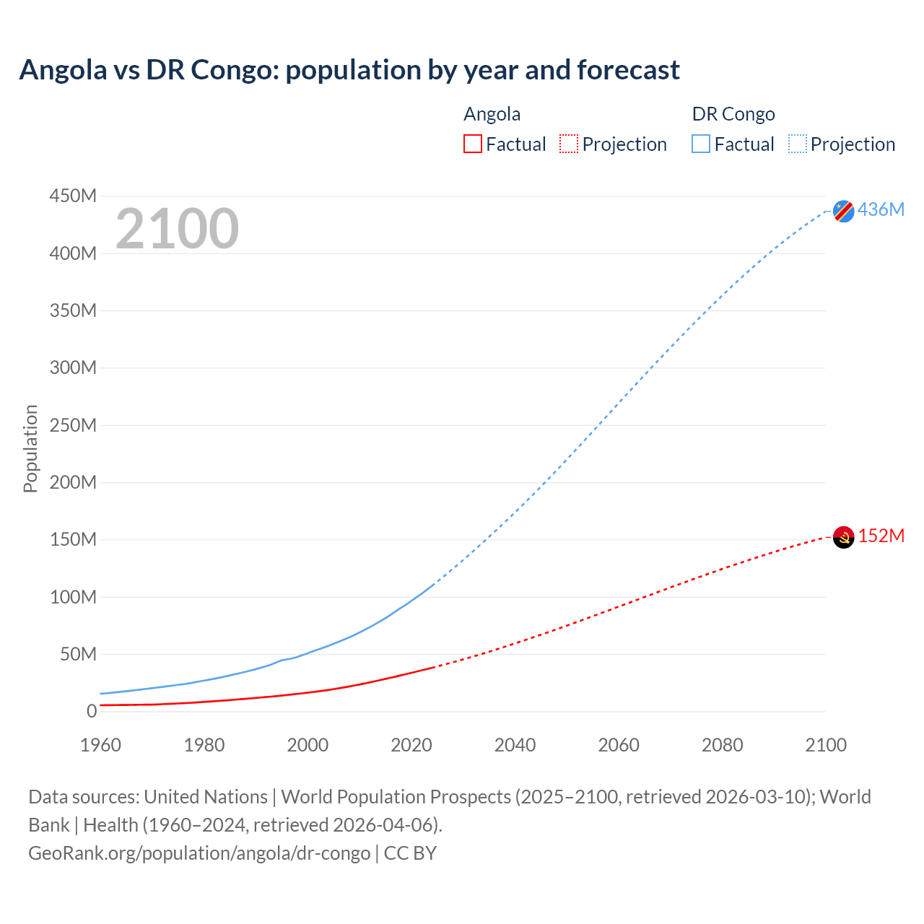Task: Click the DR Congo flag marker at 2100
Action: point(843,211)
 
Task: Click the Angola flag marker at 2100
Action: point(843,537)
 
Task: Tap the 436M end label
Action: point(881,209)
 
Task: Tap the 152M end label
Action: point(881,536)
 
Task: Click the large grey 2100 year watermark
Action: point(177,229)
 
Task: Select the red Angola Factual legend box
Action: point(472,144)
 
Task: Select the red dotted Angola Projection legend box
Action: point(568,144)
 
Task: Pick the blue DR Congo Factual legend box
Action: point(700,144)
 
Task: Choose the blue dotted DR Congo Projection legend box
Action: point(797,144)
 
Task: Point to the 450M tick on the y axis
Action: point(73,196)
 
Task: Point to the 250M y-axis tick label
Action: point(73,425)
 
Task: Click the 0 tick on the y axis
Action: point(91,711)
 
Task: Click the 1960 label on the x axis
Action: point(100,745)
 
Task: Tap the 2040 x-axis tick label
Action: point(515,745)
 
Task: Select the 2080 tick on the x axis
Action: point(722,745)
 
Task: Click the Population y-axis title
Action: point(30,448)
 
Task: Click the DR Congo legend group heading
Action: point(733,114)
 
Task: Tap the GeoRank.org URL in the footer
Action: point(199,853)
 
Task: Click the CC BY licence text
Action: point(410,853)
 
